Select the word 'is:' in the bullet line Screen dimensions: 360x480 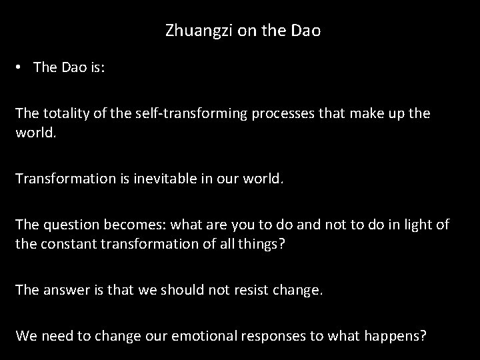coord(93,68)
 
